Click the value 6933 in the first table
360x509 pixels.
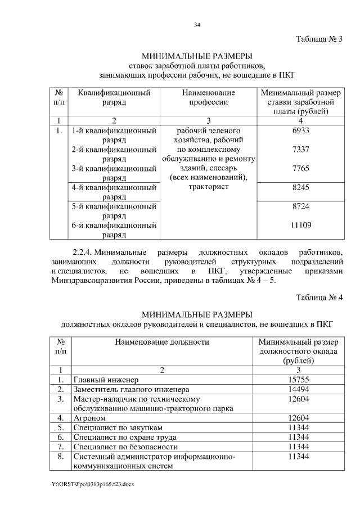[x=301, y=130]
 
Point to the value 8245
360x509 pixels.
[x=301, y=188]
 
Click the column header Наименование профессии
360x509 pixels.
[x=208, y=97]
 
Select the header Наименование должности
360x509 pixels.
[x=162, y=341]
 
